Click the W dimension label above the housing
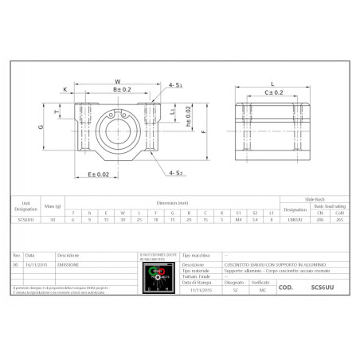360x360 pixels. [117, 81]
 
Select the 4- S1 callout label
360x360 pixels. [175, 85]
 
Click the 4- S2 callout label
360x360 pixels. [175, 173]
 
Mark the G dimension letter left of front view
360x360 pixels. [40, 126]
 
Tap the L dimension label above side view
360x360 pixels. [272, 82]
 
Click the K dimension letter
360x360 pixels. [65, 91]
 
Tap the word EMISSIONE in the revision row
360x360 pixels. [68, 264]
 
